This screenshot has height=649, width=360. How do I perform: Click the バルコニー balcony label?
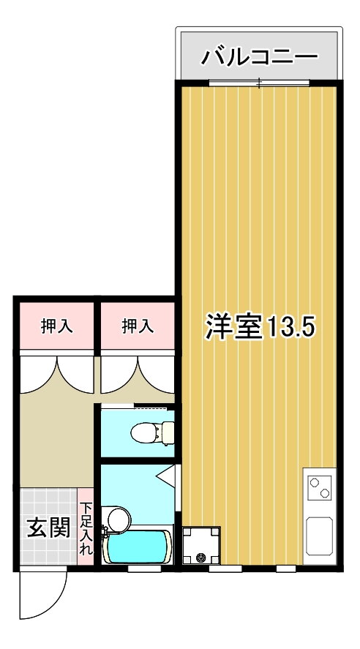point(260,56)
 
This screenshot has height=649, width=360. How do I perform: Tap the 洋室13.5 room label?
point(260,326)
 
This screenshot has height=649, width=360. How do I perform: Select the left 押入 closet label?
point(56,326)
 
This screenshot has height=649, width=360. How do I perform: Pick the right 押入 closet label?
point(138,326)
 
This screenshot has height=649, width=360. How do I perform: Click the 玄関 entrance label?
point(48,527)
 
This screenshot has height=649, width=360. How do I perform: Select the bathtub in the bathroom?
point(138,547)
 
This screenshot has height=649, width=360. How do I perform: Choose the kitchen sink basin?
point(320,536)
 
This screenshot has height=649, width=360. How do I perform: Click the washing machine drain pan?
point(201,545)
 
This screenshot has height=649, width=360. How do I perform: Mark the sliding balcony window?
point(260,83)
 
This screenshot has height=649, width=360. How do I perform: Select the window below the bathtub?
point(144,569)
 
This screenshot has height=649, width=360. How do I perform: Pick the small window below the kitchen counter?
point(286,569)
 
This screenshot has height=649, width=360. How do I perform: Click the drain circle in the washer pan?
point(201,558)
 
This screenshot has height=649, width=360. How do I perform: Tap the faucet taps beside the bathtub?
point(104,531)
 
